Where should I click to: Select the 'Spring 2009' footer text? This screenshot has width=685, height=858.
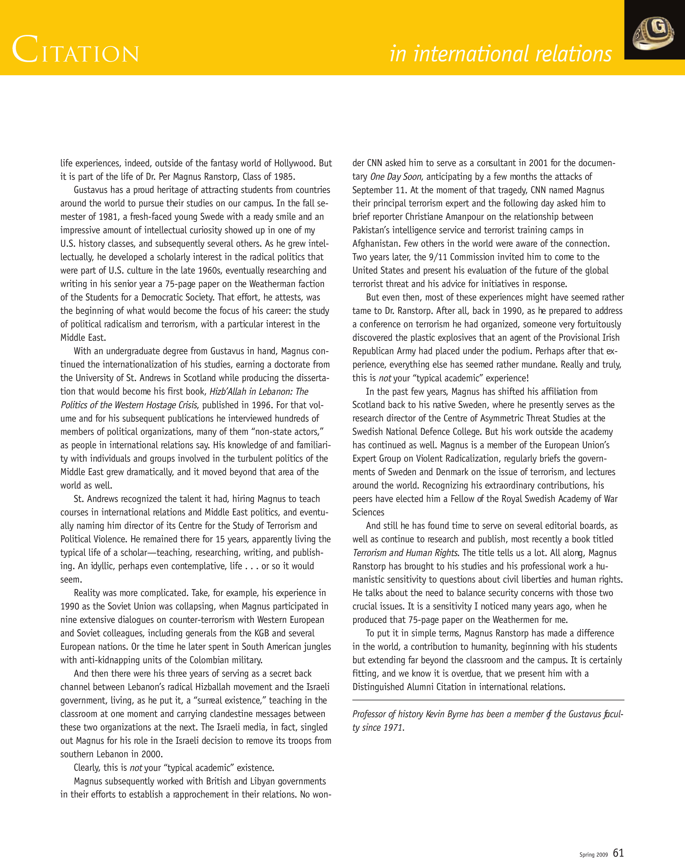click(593, 854)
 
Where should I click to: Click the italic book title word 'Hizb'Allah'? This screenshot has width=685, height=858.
click(228, 392)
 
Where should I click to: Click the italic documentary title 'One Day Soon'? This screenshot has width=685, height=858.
click(395, 177)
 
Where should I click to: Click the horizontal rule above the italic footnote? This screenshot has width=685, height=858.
click(488, 700)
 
